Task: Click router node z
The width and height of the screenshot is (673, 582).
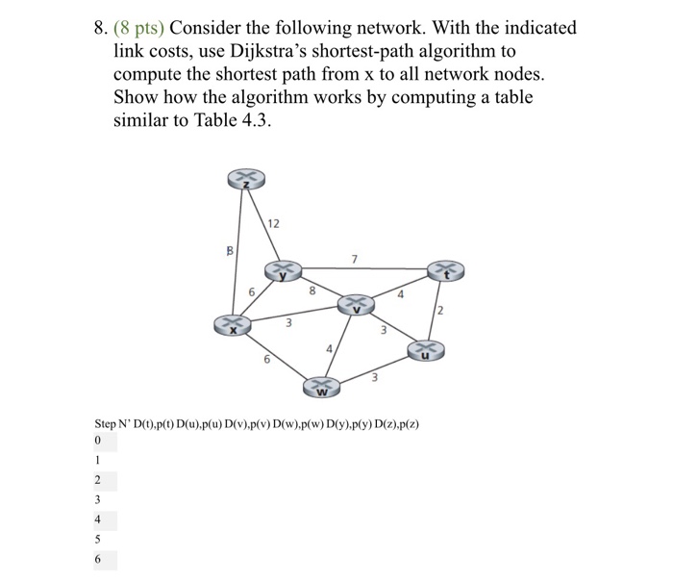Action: pyautogui.click(x=246, y=179)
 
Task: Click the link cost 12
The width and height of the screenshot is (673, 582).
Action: pyautogui.click(x=274, y=223)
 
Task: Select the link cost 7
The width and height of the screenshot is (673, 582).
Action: pyautogui.click(x=354, y=258)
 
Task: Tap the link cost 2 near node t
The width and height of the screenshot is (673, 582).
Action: pyautogui.click(x=440, y=309)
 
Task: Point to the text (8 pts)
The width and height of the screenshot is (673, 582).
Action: pyautogui.click(x=133, y=28)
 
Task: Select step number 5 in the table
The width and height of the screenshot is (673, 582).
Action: pyautogui.click(x=98, y=540)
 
